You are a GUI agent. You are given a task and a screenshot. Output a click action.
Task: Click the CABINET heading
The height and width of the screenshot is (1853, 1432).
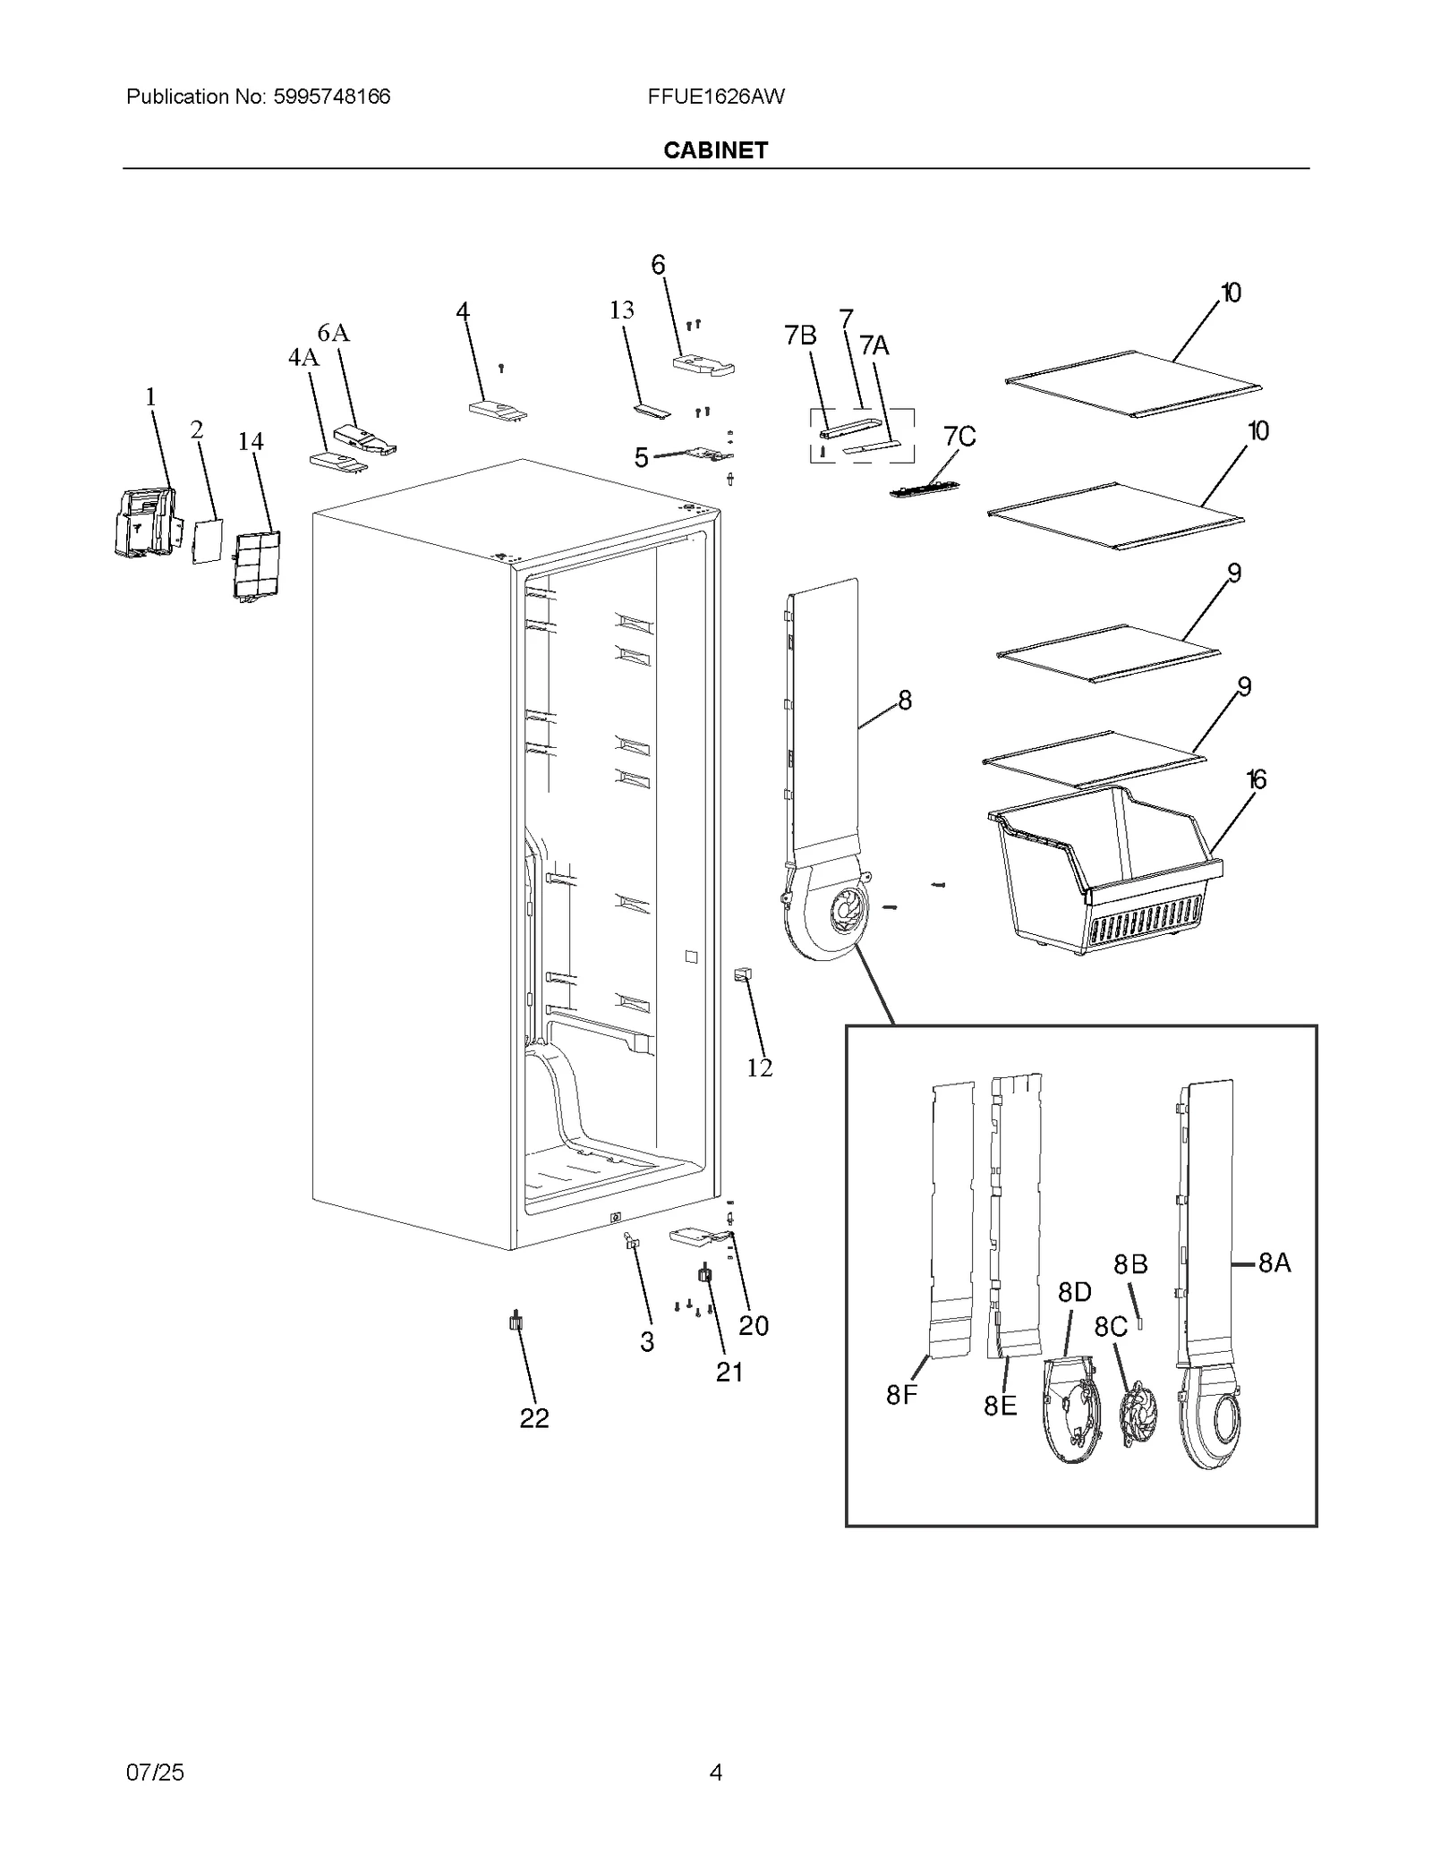(715, 150)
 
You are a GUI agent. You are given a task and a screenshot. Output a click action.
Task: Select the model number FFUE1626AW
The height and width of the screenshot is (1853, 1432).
(716, 97)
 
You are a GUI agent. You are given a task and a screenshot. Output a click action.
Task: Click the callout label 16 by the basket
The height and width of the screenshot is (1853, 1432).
(1256, 780)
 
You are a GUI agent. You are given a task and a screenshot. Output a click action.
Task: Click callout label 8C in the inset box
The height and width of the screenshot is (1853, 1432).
(1111, 1327)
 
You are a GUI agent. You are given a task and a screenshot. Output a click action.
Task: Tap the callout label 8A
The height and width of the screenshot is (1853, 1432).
(1274, 1263)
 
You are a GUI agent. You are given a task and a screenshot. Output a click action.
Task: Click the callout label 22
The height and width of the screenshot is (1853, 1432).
(534, 1418)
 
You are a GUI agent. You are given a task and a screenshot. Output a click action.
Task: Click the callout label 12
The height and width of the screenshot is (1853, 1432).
(760, 1067)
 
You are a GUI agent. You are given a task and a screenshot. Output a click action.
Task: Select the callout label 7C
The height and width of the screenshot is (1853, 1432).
(959, 437)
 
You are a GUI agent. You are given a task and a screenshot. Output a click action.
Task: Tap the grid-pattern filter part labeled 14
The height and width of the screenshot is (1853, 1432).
(257, 565)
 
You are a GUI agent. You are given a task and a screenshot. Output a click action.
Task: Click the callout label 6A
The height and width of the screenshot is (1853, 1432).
(333, 333)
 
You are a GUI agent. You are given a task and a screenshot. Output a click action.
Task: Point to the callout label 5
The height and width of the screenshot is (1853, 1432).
(641, 458)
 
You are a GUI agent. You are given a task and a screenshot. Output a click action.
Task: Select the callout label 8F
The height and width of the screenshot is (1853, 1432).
(902, 1394)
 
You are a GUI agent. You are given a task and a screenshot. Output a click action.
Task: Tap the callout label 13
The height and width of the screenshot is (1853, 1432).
(621, 310)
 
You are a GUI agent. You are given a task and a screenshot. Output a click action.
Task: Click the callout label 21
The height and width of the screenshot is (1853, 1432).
(729, 1372)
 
